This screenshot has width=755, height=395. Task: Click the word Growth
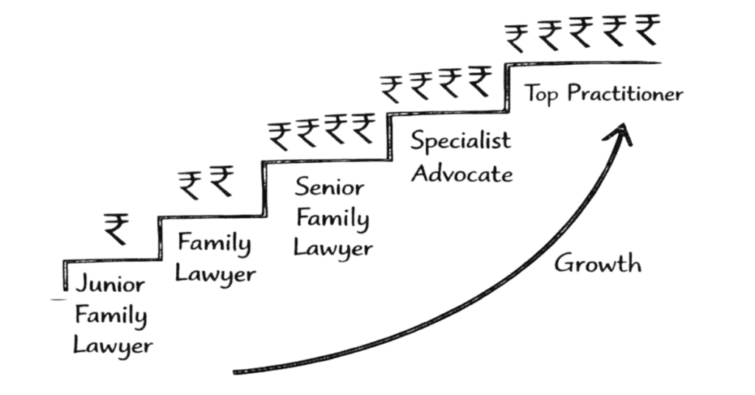tap(597, 263)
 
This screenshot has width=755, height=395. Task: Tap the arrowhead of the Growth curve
tap(622, 132)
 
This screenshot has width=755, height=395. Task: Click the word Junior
tap(110, 285)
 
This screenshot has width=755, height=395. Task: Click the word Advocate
tap(462, 174)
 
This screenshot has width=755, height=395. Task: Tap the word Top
tap(545, 95)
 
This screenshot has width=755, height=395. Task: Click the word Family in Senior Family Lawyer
tap(331, 218)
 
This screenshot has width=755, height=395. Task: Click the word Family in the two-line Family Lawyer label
tap(215, 242)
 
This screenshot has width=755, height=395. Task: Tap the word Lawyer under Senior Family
tap(333, 249)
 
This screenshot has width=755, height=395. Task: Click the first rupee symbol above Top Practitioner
tap(517, 36)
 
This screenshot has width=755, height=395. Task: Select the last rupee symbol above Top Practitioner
tap(647, 31)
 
